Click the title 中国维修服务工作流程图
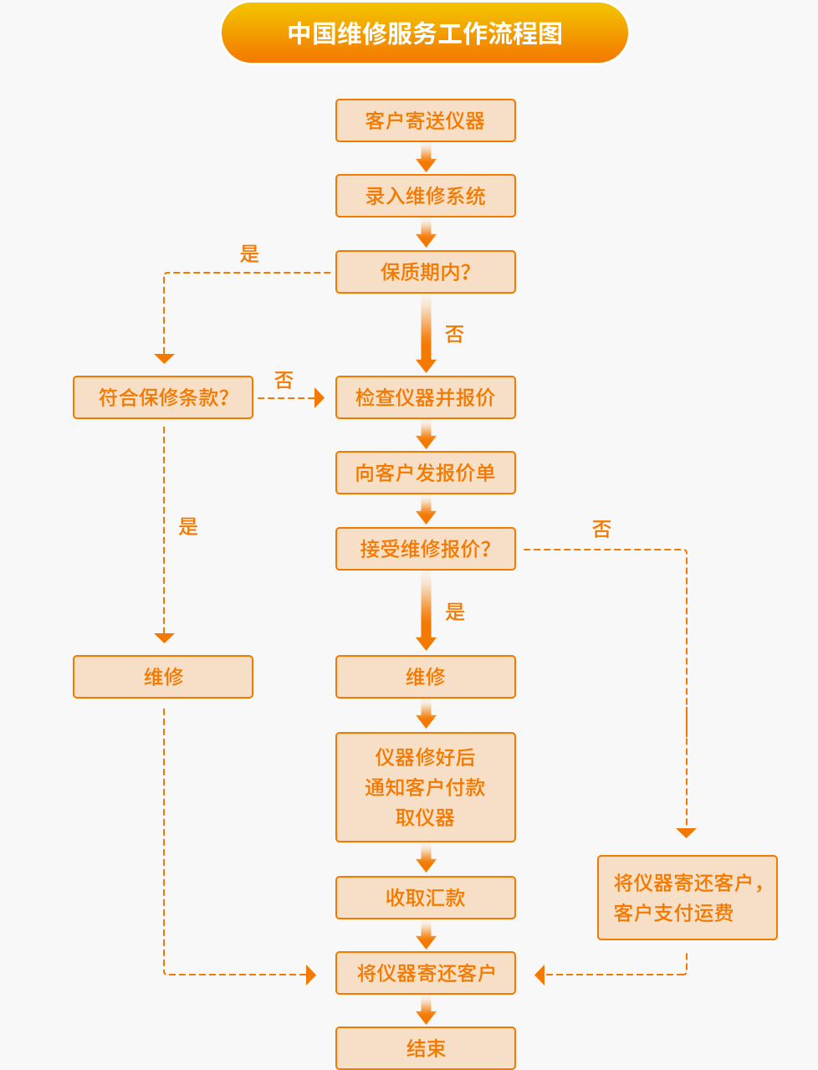point(425,33)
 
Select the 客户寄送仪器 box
point(425,120)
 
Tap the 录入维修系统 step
point(425,196)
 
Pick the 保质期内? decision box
point(425,272)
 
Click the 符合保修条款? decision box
point(163,397)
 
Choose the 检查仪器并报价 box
point(425,397)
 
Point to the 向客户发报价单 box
point(425,473)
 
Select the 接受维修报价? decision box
point(425,549)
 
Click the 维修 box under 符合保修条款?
point(163,677)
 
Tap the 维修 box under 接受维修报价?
point(425,677)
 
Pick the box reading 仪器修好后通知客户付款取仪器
point(425,787)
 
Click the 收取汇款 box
point(425,898)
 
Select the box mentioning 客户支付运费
point(687,898)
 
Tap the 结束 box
point(425,1048)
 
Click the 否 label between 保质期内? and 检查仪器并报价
point(454,335)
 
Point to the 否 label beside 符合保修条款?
point(284,381)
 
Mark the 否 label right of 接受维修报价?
point(601,529)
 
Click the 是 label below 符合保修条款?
point(188,527)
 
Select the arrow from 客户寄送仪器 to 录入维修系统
point(426,158)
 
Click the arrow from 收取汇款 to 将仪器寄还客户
point(426,935)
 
